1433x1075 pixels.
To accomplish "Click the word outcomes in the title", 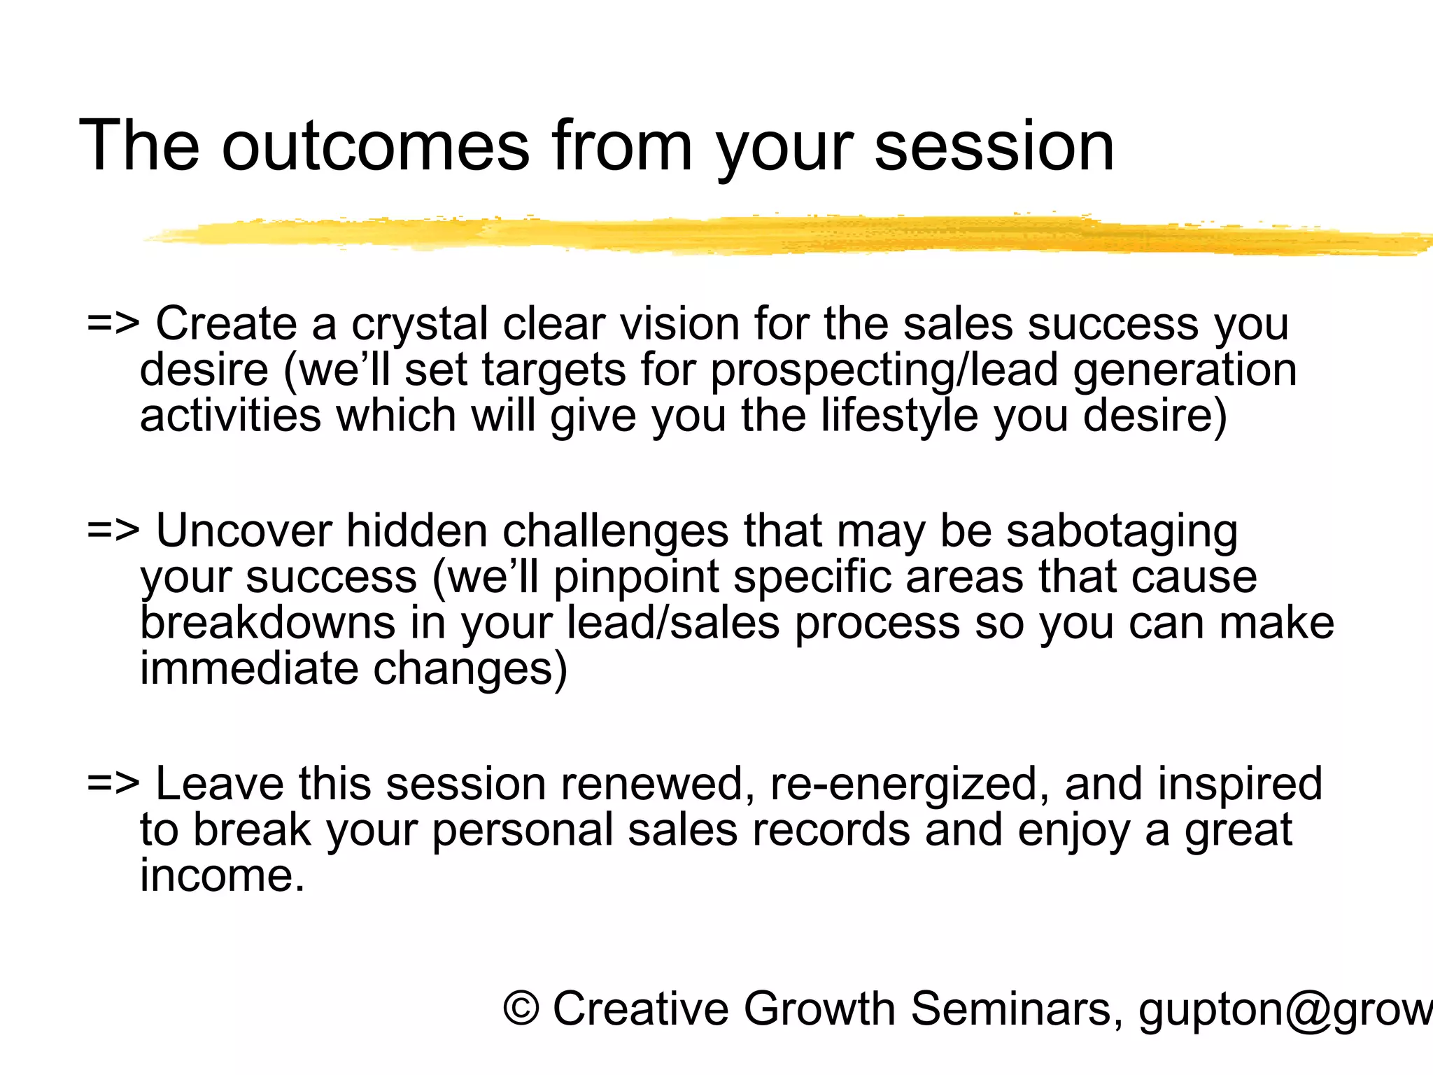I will (x=375, y=147).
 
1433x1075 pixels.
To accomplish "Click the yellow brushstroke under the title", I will (x=770, y=235).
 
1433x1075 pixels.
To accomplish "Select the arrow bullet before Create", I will (x=113, y=325).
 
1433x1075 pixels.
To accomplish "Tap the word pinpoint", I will (x=635, y=578).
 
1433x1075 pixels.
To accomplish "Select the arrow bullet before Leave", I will (x=113, y=784).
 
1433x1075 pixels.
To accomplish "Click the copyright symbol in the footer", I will (x=521, y=1009).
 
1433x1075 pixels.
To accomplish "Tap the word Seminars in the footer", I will (x=1012, y=1009).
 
